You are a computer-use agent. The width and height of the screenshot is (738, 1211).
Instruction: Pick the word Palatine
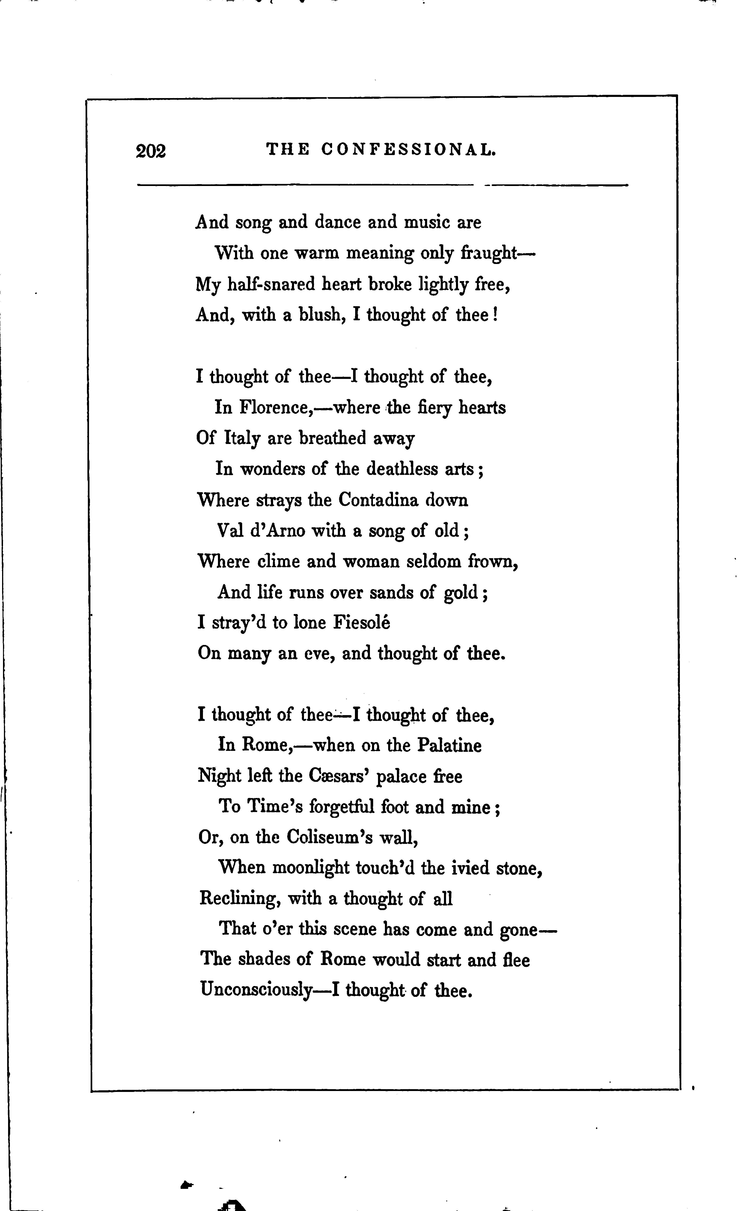click(449, 745)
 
